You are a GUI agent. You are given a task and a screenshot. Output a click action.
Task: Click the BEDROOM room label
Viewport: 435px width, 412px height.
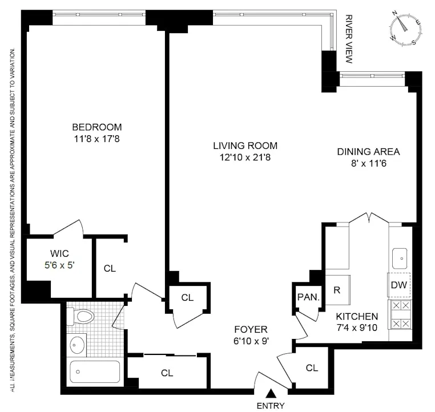point(96,127)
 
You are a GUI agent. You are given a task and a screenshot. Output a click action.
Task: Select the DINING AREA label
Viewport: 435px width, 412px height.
point(368,152)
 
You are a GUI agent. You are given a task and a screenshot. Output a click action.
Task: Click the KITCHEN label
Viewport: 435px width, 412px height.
point(357,316)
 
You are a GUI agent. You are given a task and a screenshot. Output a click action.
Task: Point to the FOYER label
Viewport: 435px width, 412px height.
point(251,329)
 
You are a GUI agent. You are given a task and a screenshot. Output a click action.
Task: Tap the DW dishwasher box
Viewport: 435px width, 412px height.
point(399,285)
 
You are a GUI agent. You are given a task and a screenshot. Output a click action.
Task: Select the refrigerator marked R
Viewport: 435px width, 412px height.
point(337,289)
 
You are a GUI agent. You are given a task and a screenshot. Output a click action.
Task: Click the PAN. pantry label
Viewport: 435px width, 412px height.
point(308,297)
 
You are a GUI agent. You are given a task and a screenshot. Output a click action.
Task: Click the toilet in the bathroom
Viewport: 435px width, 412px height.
point(83,316)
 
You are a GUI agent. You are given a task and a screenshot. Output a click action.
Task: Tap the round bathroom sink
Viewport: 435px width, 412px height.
point(76,344)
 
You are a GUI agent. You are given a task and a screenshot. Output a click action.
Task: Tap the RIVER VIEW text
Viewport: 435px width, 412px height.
point(350,39)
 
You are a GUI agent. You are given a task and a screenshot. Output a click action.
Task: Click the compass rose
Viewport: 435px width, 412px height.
point(406,29)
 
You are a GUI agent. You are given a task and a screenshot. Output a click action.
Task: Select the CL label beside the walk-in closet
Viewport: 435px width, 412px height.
point(110,268)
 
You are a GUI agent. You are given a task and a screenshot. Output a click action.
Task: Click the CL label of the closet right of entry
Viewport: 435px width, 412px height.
point(312,368)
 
